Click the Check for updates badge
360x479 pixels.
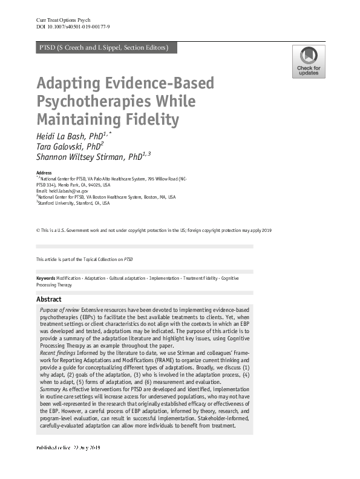pyautogui.click(x=309, y=62)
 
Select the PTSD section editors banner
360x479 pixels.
pyautogui.click(x=103, y=48)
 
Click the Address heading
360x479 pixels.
pyautogui.click(x=44, y=173)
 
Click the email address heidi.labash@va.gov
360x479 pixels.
pyautogui.click(x=68, y=190)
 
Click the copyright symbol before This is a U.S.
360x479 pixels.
pyautogui.click(x=38, y=231)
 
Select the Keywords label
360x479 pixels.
pyautogui.click(x=45, y=278)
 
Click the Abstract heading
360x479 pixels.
pyautogui.click(x=48, y=299)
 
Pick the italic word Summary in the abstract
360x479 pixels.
pyautogui.click(x=50, y=389)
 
